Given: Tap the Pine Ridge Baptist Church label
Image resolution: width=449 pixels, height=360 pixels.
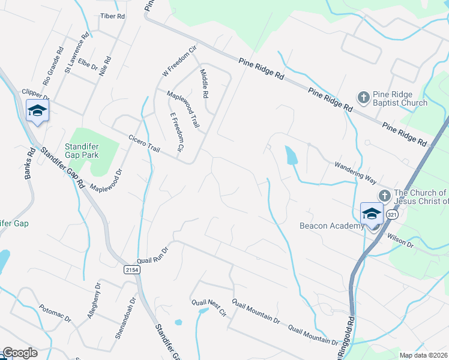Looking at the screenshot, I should pyautogui.click(x=400, y=98).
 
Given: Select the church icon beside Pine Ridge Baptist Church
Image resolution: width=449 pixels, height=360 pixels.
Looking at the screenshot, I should pyautogui.click(x=363, y=97).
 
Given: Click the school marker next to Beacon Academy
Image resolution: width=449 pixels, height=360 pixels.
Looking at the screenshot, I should pyautogui.click(x=372, y=214).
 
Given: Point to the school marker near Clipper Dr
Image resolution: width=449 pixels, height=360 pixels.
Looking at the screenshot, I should pyautogui.click(x=37, y=110).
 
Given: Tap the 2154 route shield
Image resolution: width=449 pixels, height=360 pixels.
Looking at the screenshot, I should pyautogui.click(x=133, y=271).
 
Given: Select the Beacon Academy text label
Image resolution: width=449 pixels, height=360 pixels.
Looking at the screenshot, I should pyautogui.click(x=331, y=226).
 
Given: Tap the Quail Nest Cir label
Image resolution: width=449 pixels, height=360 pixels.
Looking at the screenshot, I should pyautogui.click(x=208, y=308).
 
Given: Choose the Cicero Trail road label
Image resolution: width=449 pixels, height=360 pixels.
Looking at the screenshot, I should pyautogui.click(x=145, y=143).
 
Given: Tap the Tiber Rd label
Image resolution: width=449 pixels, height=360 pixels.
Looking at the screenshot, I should pyautogui.click(x=112, y=16).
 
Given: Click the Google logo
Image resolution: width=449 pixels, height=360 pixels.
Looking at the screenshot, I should pyautogui.click(x=20, y=353).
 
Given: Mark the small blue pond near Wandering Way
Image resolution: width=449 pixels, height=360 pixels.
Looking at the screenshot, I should pyautogui.click(x=291, y=156).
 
